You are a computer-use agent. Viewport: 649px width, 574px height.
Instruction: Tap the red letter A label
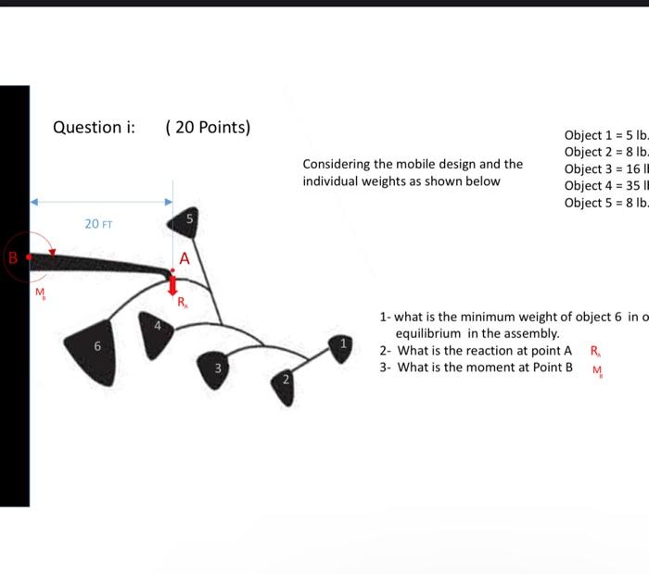pos(185,259)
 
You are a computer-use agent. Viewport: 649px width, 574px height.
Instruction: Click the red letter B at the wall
pos(13,256)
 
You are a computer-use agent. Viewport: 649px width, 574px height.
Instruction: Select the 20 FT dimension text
pos(97,224)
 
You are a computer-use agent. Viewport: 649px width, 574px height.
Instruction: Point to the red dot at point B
pos(30,256)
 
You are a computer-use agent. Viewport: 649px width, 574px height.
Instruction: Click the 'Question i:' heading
pos(94,128)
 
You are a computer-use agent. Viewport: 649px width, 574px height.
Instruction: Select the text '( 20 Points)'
pos(208,128)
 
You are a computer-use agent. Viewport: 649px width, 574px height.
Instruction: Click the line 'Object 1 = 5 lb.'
pos(605,135)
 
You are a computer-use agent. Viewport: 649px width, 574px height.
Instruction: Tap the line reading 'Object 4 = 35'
pos(605,186)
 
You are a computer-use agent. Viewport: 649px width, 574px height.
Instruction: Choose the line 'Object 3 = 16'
pos(605,168)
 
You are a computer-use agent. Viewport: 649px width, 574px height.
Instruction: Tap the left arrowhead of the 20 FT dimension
pos(35,201)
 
